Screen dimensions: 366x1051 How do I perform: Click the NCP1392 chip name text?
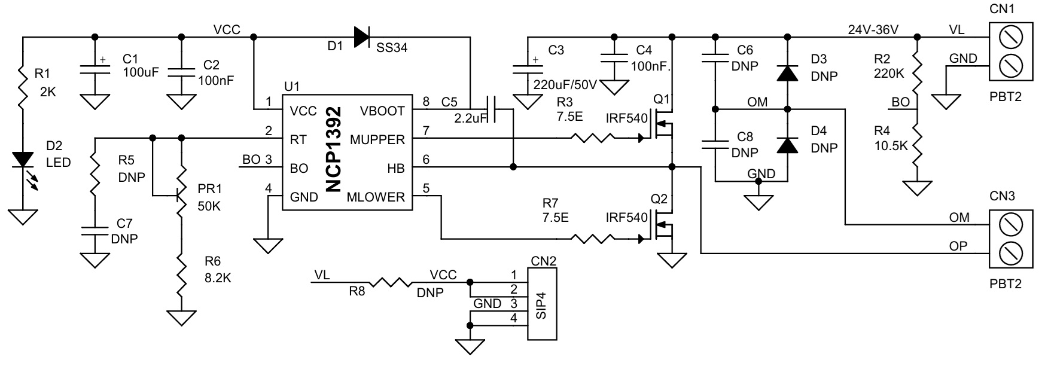pos(334,150)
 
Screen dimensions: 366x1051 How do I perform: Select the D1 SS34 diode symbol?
pos(361,36)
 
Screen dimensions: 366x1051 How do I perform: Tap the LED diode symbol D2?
pos(23,160)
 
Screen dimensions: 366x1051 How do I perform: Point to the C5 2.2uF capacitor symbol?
pos(491,110)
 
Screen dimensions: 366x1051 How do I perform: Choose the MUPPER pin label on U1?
pos(377,140)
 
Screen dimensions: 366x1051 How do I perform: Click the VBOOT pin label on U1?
pos(382,111)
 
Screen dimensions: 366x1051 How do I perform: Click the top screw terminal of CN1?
pos(1010,37)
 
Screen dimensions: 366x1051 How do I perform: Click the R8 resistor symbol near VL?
pos(389,282)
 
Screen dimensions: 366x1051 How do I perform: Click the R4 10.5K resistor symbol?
pos(916,144)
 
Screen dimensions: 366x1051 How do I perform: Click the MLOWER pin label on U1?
pos(376,197)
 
